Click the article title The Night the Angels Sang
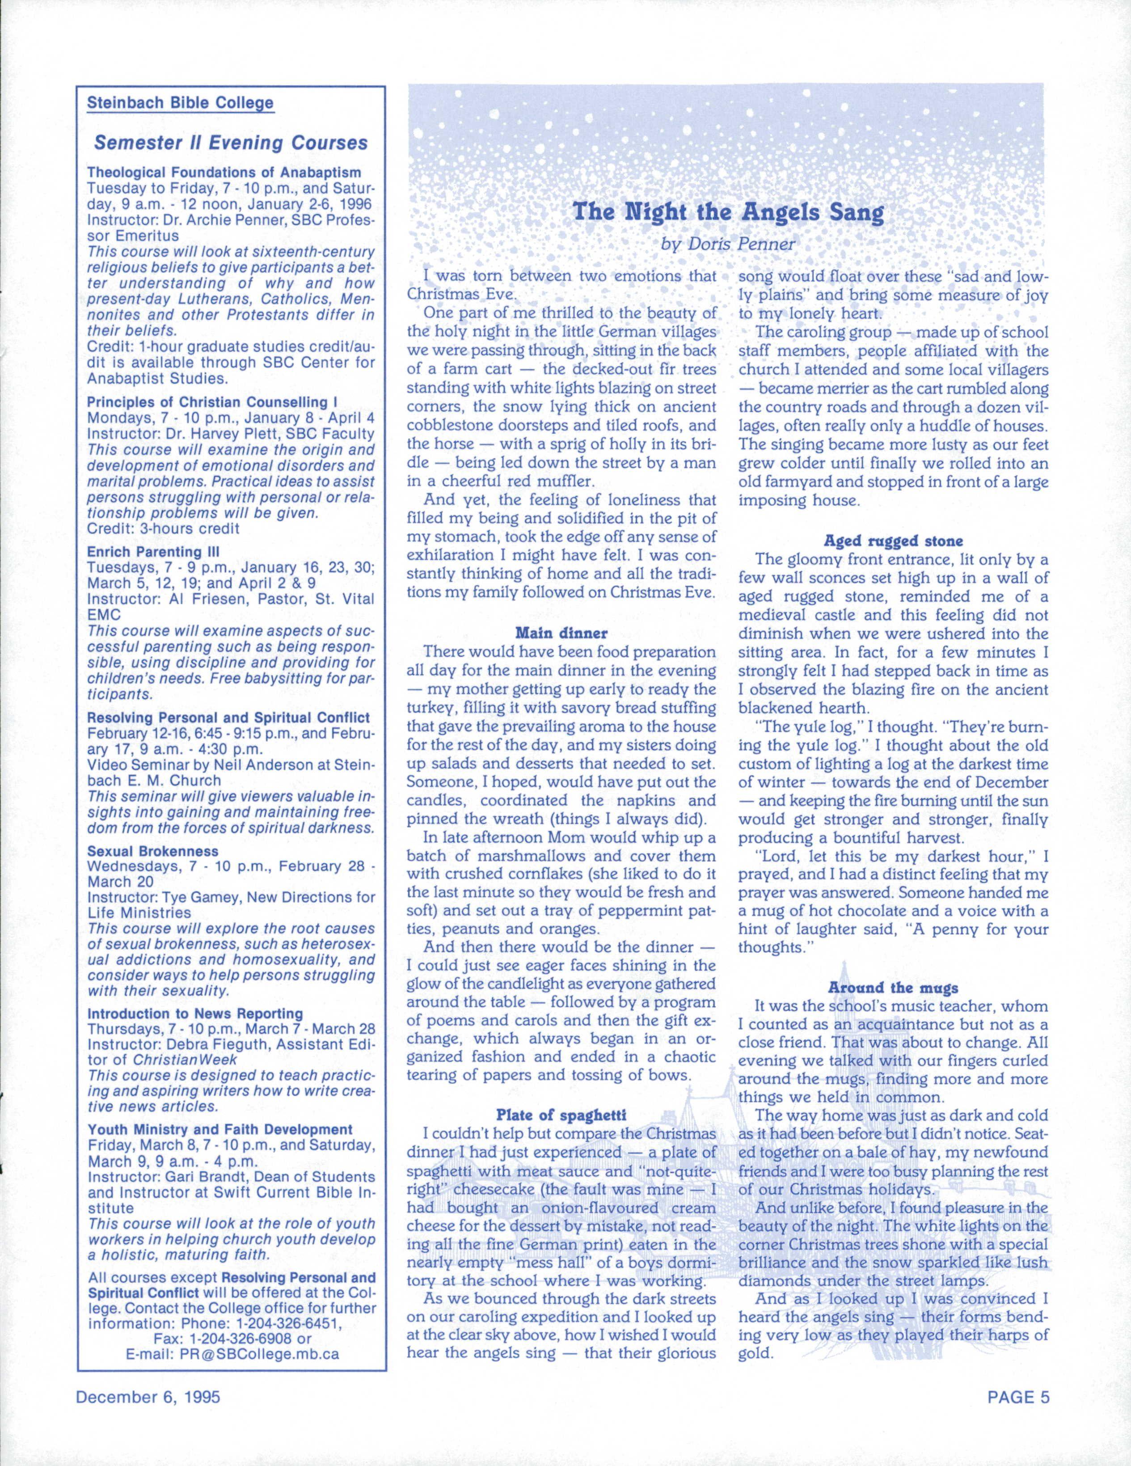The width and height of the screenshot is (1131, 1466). pos(728,213)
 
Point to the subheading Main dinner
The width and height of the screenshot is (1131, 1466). pos(561,632)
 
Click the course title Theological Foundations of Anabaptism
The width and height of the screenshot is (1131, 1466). pos(224,173)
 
